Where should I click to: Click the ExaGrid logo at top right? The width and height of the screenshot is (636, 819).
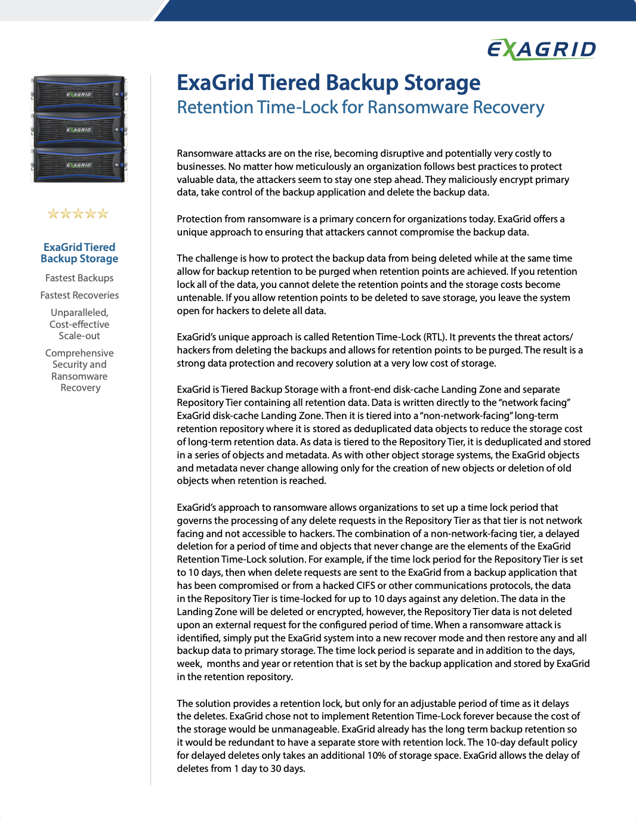point(542,49)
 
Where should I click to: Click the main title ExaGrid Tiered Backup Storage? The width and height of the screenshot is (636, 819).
point(328,83)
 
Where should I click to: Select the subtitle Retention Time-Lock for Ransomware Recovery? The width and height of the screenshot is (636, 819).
point(360,107)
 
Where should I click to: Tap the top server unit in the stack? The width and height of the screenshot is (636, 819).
point(79,94)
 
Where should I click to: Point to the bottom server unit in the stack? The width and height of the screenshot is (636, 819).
point(79,165)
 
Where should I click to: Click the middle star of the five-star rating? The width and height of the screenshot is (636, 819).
point(78,213)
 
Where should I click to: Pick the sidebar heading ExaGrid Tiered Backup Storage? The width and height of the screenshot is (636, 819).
point(79,253)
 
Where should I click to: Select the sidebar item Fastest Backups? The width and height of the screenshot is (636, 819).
point(79,278)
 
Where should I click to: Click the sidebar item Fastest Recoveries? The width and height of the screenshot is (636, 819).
point(79,295)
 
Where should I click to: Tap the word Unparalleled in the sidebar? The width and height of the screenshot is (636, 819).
point(79,312)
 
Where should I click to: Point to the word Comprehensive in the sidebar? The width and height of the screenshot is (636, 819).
point(79,353)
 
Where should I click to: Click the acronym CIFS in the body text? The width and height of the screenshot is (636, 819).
point(366,585)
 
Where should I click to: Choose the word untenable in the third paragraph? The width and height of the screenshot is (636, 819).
point(199,297)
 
